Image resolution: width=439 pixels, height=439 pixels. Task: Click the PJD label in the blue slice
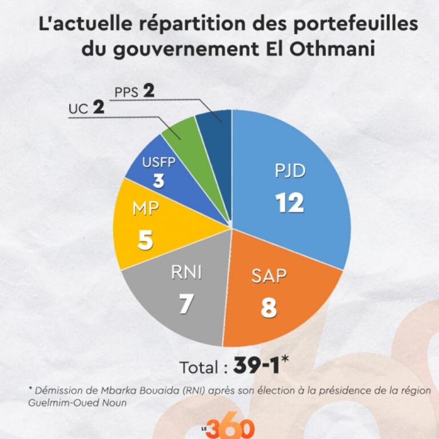pos(289,171)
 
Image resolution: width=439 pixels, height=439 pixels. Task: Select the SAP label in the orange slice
pos(269,276)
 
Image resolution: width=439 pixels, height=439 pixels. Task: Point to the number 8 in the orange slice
pos(269,307)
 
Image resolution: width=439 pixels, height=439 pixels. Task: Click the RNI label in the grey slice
pos(186,273)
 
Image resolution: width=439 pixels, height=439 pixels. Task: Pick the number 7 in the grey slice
pos(185,304)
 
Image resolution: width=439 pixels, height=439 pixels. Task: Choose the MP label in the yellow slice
pos(146,209)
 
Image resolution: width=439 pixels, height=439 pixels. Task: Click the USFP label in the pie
pos(159,161)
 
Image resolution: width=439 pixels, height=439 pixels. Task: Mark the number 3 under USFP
pos(159,181)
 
